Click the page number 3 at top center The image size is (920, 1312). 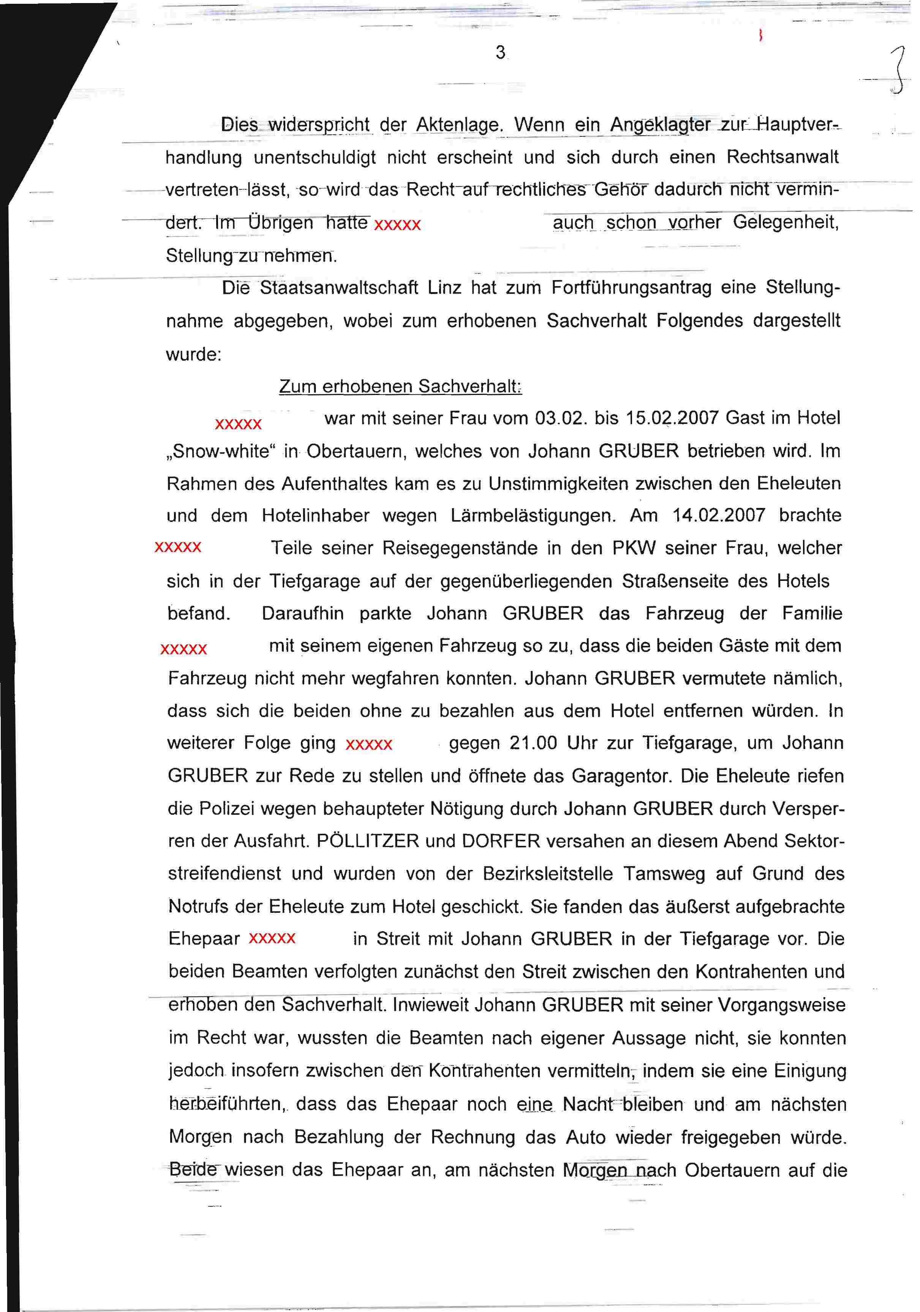tap(500, 52)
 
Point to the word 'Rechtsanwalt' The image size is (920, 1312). tap(782, 157)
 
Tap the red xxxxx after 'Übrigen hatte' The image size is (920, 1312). tap(397, 225)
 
